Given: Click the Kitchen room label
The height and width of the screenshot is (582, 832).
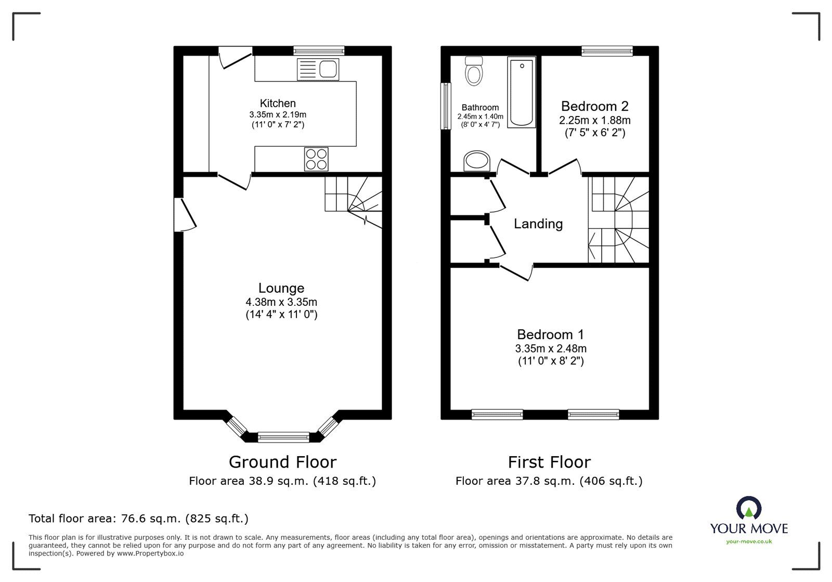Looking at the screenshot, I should [x=278, y=104].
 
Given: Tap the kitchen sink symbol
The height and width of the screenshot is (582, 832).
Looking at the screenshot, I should [x=318, y=70].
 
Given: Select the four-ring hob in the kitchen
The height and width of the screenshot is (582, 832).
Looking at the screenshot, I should [x=317, y=159].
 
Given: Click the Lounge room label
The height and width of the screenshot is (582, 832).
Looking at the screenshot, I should [x=281, y=288].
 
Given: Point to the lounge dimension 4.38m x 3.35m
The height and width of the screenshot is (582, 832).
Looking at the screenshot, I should [x=281, y=302].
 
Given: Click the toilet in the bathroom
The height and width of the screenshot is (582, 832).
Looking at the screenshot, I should [x=474, y=71].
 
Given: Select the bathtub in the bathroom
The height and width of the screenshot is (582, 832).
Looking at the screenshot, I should [x=522, y=93].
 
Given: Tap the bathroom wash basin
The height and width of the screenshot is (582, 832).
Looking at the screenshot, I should [x=477, y=161].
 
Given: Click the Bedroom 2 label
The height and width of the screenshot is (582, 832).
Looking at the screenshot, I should [x=594, y=107].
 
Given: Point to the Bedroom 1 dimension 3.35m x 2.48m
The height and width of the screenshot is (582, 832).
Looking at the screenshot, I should [x=551, y=348].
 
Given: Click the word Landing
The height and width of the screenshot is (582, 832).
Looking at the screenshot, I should [x=538, y=224].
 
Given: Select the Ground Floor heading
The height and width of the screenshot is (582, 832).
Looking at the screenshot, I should [x=282, y=462].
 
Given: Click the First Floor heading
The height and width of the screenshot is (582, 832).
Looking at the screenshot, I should [x=549, y=462].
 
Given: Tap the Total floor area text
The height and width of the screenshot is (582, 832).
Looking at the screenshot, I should [x=138, y=519].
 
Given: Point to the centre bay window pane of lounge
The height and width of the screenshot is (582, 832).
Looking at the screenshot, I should [x=283, y=437].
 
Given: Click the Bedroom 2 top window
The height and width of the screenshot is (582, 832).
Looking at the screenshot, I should [x=607, y=50].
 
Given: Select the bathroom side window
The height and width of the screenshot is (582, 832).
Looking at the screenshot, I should [x=446, y=106].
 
